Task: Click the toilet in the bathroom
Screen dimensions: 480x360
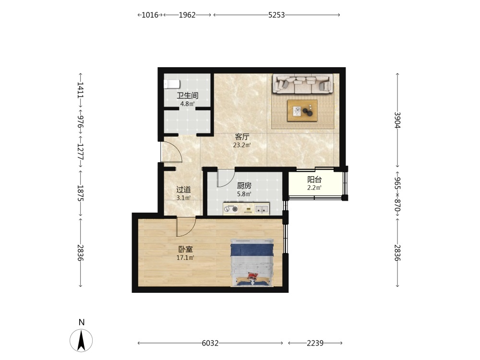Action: tap(171, 84)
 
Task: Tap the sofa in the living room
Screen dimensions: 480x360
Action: tap(303, 83)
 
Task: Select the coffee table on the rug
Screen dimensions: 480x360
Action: tap(302, 110)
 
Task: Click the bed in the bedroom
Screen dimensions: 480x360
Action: tap(252, 263)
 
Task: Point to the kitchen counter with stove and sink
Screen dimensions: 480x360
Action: tap(246, 208)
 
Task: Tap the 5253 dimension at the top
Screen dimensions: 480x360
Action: tap(276, 15)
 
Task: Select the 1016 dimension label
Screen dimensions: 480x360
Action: tap(150, 15)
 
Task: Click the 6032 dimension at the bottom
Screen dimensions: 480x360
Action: tap(210, 343)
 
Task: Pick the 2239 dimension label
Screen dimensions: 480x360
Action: tap(315, 343)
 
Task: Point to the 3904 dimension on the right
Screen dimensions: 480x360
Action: tap(397, 120)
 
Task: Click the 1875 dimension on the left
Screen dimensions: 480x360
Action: tap(81, 193)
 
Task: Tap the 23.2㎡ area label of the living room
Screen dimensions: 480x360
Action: tap(242, 145)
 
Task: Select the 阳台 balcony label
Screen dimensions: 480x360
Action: tap(314, 180)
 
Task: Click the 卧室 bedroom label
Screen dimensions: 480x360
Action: tap(185, 250)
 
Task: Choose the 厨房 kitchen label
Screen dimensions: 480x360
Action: tap(244, 185)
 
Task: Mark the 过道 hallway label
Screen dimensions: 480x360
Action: tap(184, 190)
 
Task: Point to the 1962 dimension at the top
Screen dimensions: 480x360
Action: tap(187, 15)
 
